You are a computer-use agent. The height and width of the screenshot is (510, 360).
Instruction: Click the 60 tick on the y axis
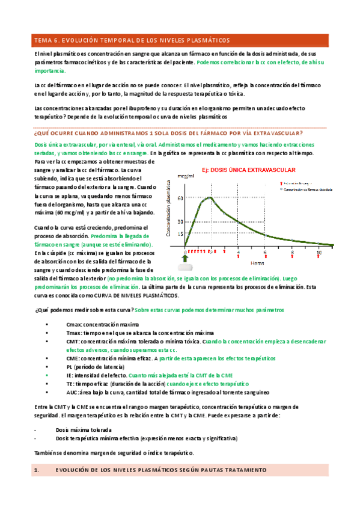click(180, 197)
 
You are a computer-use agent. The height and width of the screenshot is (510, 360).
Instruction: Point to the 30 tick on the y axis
click(180, 222)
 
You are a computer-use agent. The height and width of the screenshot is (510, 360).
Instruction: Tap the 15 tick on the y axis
click(180, 233)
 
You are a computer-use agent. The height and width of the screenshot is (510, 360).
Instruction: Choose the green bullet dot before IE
click(47, 374)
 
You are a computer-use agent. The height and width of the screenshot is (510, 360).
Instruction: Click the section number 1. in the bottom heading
click(36, 469)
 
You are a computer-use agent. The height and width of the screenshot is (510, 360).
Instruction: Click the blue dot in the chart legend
click(281, 188)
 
